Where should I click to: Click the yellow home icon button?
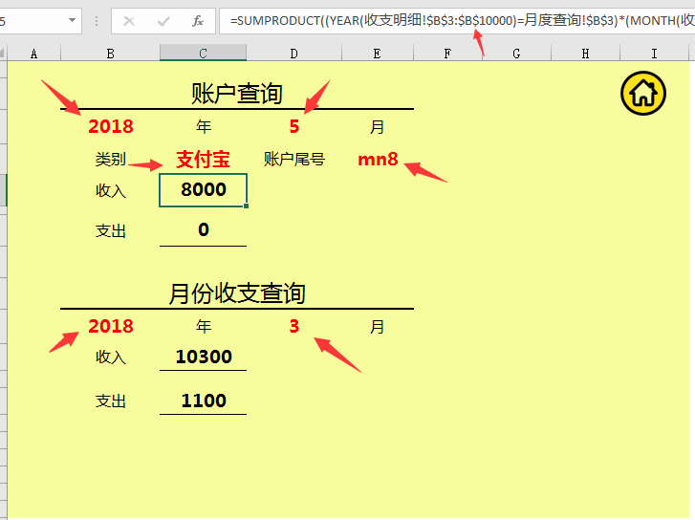pos(642,93)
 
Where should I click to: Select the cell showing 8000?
pos(203,189)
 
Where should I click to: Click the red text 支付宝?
pos(203,159)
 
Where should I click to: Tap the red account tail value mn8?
pos(378,159)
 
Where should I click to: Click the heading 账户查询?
pos(237,94)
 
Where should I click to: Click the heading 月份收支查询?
pos(237,293)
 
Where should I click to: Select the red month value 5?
pos(294,126)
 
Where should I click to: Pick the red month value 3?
pos(294,326)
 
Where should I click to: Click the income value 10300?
pos(204,357)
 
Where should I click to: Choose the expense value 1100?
pos(204,401)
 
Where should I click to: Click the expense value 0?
pos(204,229)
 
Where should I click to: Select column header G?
pos(516,54)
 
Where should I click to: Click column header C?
pos(203,54)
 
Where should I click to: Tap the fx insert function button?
pos(198,20)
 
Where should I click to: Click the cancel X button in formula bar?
pos(129,21)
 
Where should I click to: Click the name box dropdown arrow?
pos(72,20)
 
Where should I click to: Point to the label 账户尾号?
pos(294,159)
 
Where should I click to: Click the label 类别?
pos(111,159)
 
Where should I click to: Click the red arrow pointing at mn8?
pos(425,171)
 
